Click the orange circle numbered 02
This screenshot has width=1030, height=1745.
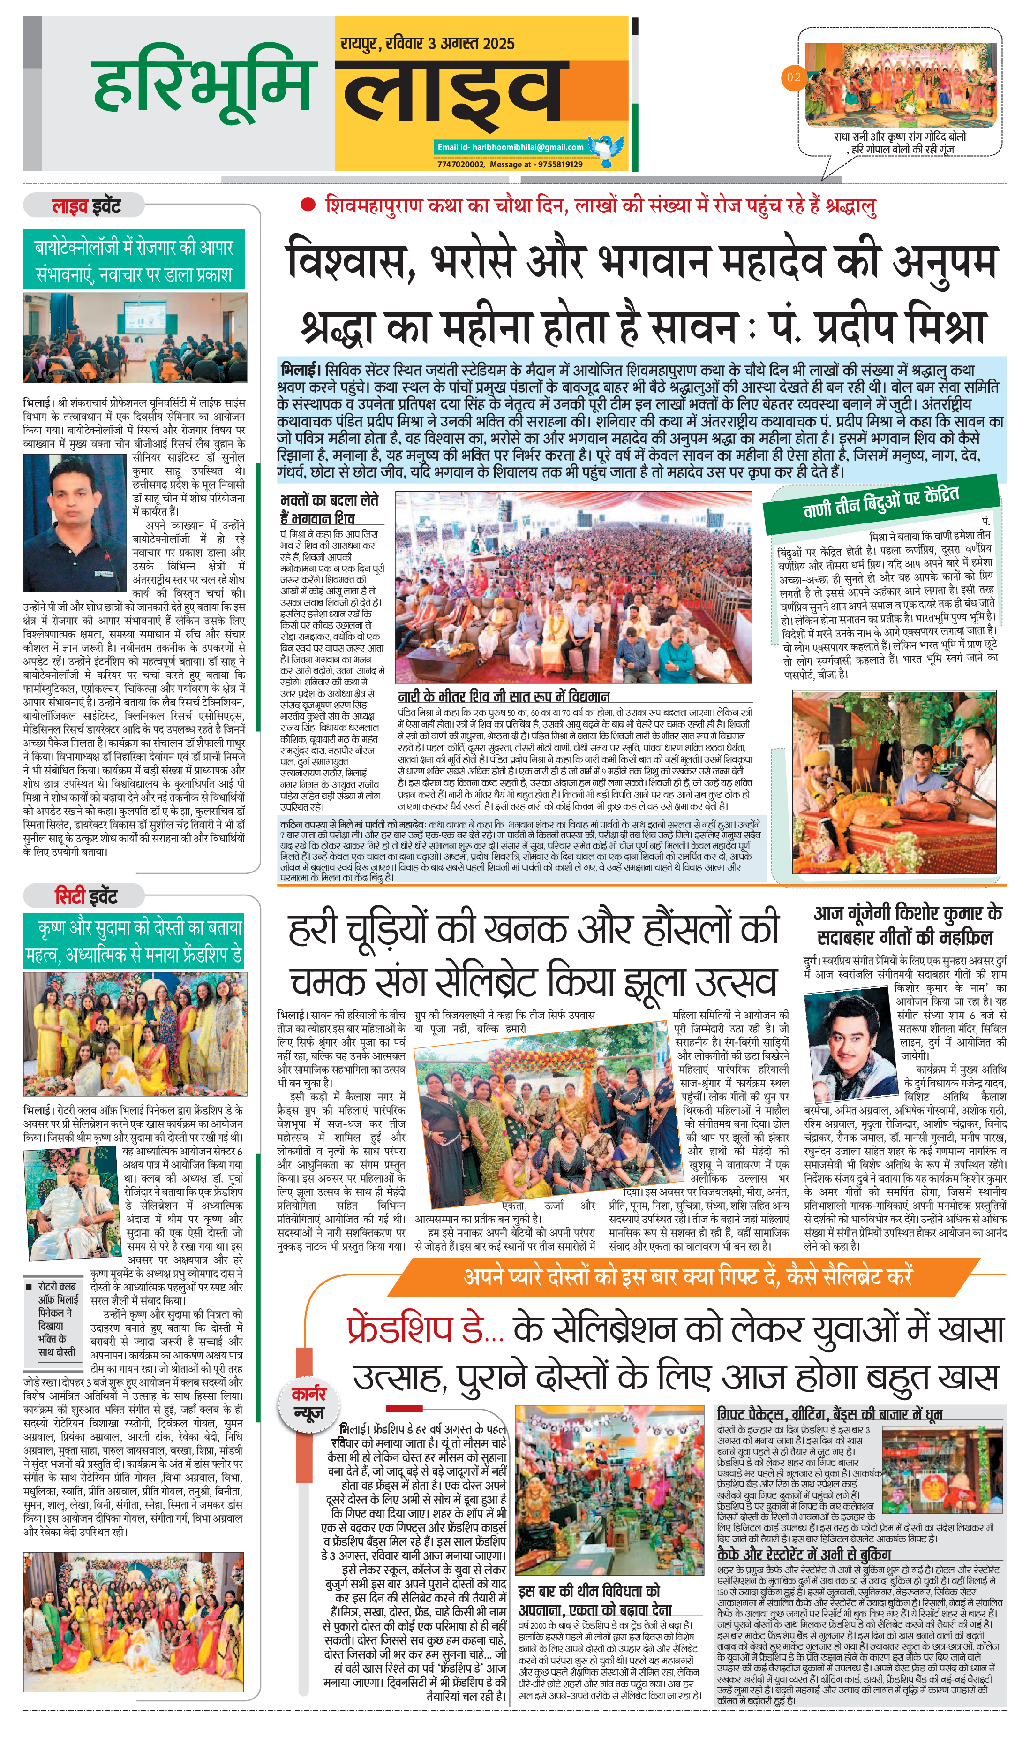pos(793,77)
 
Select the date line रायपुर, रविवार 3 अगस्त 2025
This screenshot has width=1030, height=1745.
pos(427,44)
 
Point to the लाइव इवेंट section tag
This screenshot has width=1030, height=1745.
pos(85,206)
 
